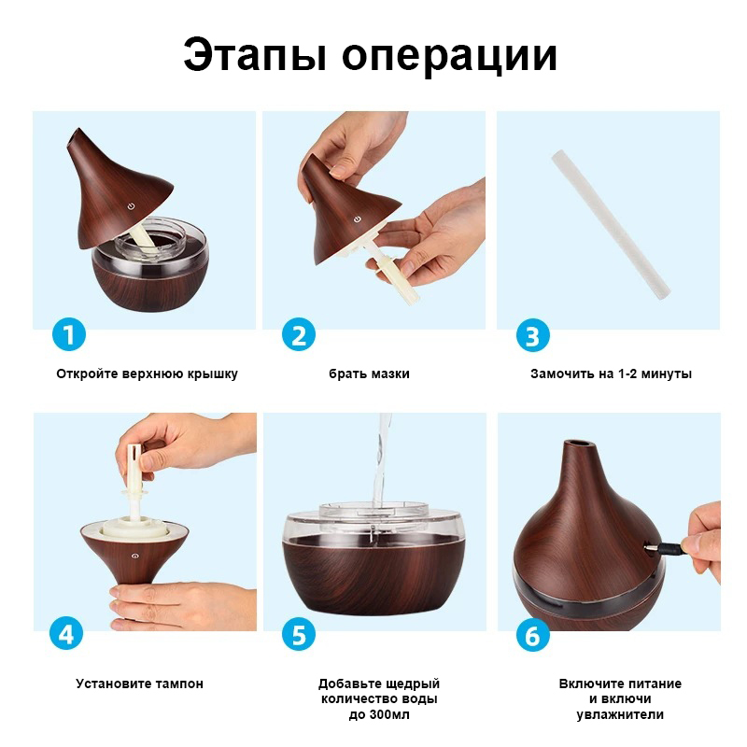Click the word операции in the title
click(x=449, y=57)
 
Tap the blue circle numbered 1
click(x=69, y=334)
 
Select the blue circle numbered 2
click(x=299, y=335)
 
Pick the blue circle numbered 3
click(x=532, y=335)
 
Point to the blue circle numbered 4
click(x=66, y=634)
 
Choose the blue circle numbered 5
click(x=299, y=634)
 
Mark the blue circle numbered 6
click(x=532, y=636)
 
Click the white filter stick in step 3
click(x=612, y=225)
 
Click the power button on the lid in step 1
click(x=131, y=205)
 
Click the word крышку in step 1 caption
click(x=212, y=374)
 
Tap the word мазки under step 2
click(x=389, y=374)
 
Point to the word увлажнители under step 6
click(x=620, y=715)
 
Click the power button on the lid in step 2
click(x=358, y=219)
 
